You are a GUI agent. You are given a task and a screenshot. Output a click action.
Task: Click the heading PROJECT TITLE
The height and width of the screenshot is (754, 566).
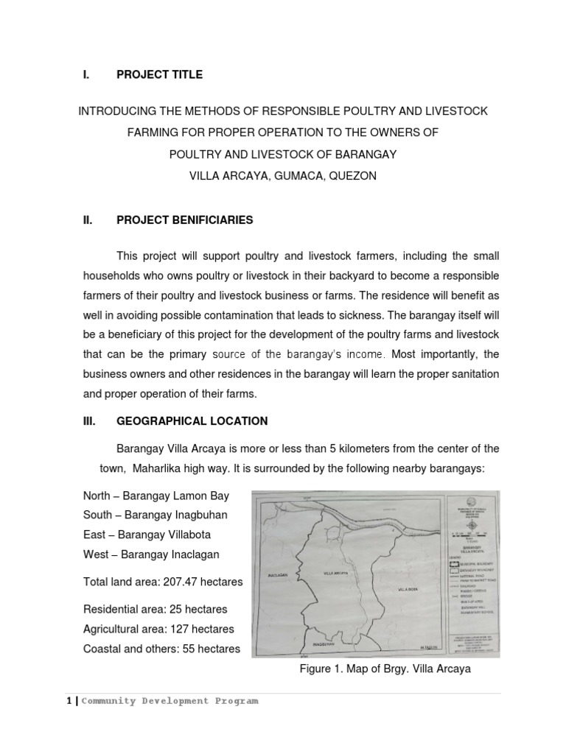tap(159, 74)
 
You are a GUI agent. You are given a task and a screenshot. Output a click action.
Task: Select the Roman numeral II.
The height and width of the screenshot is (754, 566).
tap(87, 219)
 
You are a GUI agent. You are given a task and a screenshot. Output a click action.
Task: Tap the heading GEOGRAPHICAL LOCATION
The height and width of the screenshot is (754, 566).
tap(192, 421)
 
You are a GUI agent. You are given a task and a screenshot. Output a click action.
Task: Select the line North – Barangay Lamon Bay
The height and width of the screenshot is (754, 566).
tap(145, 496)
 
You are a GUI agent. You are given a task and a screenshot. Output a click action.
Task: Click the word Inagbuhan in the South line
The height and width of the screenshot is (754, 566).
tap(198, 515)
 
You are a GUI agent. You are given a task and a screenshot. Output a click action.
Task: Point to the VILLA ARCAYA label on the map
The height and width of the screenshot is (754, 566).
tap(335, 572)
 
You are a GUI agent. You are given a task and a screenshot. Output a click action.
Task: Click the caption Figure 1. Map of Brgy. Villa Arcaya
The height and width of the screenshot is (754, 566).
tap(384, 669)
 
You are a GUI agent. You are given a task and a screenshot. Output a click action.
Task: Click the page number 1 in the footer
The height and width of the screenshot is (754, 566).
tap(69, 701)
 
